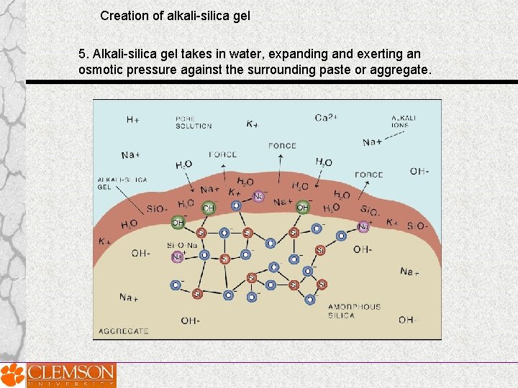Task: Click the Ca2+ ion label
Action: (x=326, y=118)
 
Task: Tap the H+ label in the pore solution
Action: (x=132, y=120)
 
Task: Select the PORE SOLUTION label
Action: (x=194, y=122)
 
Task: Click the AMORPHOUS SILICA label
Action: (x=354, y=311)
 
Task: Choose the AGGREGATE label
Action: (x=124, y=331)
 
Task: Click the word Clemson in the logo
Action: (x=70, y=372)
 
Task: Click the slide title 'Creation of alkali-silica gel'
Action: (x=175, y=15)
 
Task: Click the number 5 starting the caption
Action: (x=83, y=54)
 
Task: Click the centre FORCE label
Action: (x=282, y=146)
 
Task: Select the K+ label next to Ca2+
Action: (x=253, y=124)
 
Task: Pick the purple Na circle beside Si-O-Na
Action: (x=177, y=257)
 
